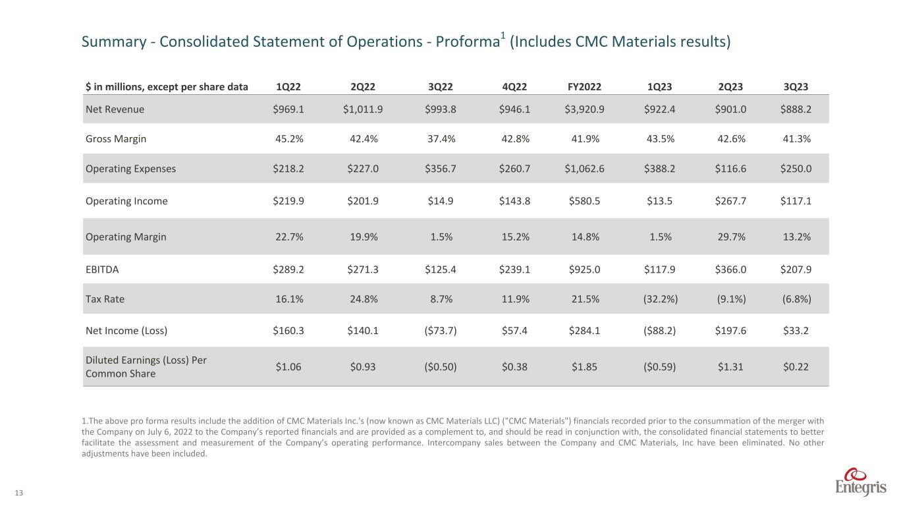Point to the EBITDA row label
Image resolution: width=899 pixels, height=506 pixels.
[103, 269]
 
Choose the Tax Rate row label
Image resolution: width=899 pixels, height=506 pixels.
[105, 298]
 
